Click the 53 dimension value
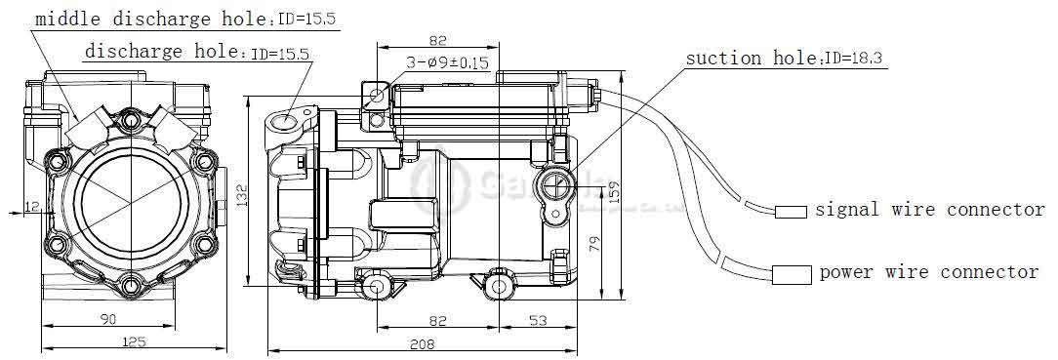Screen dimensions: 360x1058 tap(538, 320)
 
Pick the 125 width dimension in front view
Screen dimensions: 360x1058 tap(135, 341)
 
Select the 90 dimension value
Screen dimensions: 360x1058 tap(108, 320)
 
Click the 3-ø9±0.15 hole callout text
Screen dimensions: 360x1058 tap(448, 63)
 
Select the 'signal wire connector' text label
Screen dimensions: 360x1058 tap(929, 210)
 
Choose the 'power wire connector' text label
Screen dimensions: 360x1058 tap(928, 272)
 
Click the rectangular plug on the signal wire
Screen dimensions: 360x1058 tap(791, 212)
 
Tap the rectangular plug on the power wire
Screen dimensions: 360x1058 tap(792, 274)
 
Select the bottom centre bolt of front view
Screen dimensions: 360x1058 tap(131, 285)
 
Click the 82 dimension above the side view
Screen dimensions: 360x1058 tap(436, 40)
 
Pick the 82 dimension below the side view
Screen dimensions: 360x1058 tap(436, 320)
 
